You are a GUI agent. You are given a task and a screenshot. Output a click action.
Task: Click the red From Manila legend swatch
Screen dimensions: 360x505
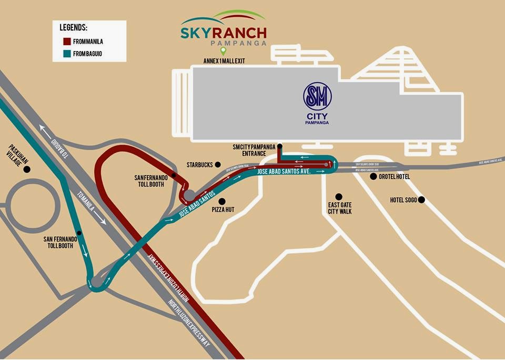coord(67,42)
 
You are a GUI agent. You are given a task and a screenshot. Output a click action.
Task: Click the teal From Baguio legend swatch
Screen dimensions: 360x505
coord(67,53)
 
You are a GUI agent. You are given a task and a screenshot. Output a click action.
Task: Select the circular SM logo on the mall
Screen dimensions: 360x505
coord(317,97)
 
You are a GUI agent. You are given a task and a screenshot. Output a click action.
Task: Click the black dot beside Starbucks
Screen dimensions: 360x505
coord(218,164)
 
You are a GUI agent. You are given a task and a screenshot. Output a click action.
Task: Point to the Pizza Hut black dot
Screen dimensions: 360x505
coord(223,201)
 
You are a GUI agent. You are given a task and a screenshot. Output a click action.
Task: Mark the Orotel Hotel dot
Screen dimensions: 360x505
coord(373,177)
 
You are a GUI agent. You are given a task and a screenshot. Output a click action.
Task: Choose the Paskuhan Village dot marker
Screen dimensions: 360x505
coord(26,169)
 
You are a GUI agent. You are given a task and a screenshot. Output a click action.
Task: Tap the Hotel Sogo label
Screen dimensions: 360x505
coord(403,200)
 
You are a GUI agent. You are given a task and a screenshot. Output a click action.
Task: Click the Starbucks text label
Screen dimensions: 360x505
coord(199,164)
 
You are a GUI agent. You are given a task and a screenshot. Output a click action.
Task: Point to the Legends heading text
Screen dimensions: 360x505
coord(74,27)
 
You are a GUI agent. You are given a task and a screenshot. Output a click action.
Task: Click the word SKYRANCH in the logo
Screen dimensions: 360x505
coord(224,32)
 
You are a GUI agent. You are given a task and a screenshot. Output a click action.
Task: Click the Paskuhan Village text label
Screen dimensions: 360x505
coord(14,156)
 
